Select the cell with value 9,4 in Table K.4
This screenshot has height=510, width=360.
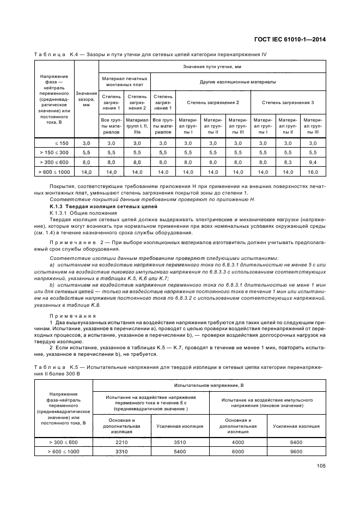pos(313,162)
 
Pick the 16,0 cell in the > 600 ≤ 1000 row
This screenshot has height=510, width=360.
pos(313,172)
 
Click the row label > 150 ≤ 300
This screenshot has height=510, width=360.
pos(54,152)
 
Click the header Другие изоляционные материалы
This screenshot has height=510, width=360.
pos(237,82)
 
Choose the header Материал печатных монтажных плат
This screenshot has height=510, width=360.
pos(124,82)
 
